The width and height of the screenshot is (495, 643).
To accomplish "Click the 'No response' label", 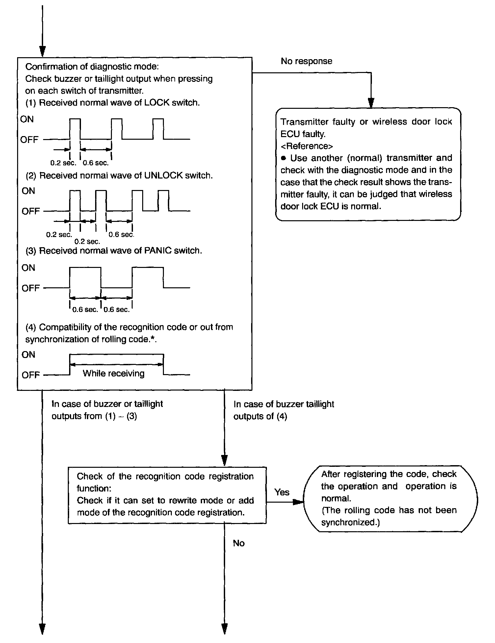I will [x=306, y=61].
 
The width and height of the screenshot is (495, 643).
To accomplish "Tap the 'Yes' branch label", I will [x=282, y=492].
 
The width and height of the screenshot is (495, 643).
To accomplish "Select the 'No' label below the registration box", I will [x=239, y=543].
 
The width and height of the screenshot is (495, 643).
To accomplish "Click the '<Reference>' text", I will [x=306, y=146].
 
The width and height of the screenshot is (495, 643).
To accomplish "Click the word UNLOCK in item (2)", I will [x=163, y=176].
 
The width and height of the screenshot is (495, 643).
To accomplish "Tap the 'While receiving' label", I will [x=114, y=373].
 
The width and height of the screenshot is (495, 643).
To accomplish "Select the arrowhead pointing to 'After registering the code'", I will [x=298, y=502].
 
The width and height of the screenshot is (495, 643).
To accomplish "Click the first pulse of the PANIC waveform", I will [x=85, y=278].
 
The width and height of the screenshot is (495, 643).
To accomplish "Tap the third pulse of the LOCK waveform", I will [x=158, y=129].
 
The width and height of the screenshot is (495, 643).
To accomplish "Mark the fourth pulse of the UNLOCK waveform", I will [x=164, y=201].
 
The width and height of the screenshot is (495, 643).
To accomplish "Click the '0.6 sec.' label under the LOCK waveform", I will [x=95, y=163].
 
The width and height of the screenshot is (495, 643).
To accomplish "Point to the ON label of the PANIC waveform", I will [x=28, y=268].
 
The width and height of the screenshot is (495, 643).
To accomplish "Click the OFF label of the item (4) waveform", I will [x=30, y=375].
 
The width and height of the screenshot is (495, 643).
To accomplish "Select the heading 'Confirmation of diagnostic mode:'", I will [x=92, y=67].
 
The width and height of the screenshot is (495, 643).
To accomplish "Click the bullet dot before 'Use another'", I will [x=283, y=158].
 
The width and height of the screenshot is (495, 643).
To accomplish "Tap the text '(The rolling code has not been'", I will [x=389, y=511].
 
